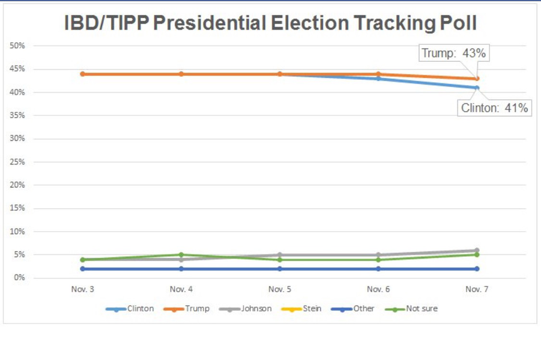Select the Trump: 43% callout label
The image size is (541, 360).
[x=453, y=53]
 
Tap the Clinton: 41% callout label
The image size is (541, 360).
[x=494, y=108]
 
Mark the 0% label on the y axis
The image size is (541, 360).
[x=19, y=278]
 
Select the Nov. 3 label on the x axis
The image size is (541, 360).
[x=82, y=289]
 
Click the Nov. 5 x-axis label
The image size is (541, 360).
[x=280, y=289]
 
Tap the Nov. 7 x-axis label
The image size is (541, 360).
[x=477, y=289]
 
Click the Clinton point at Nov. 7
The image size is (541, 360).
[x=477, y=88]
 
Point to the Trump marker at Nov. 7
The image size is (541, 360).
[x=477, y=79]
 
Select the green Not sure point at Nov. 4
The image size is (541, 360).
[x=181, y=254]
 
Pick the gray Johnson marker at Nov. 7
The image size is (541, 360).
[x=477, y=250]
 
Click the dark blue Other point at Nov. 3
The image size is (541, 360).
[x=82, y=269]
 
